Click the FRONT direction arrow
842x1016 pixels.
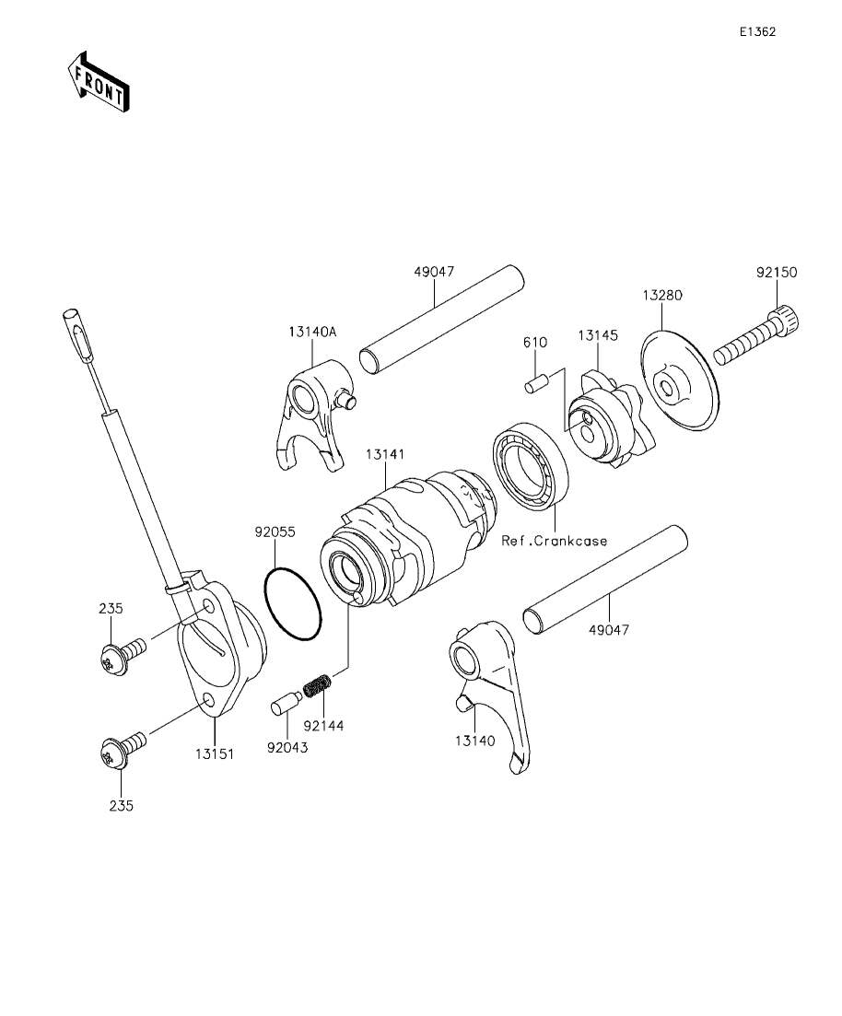tap(99, 81)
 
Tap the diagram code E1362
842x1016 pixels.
tap(758, 31)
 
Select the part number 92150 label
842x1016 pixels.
tap(776, 272)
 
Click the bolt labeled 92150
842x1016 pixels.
tap(755, 337)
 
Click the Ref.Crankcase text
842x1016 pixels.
tap(555, 541)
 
